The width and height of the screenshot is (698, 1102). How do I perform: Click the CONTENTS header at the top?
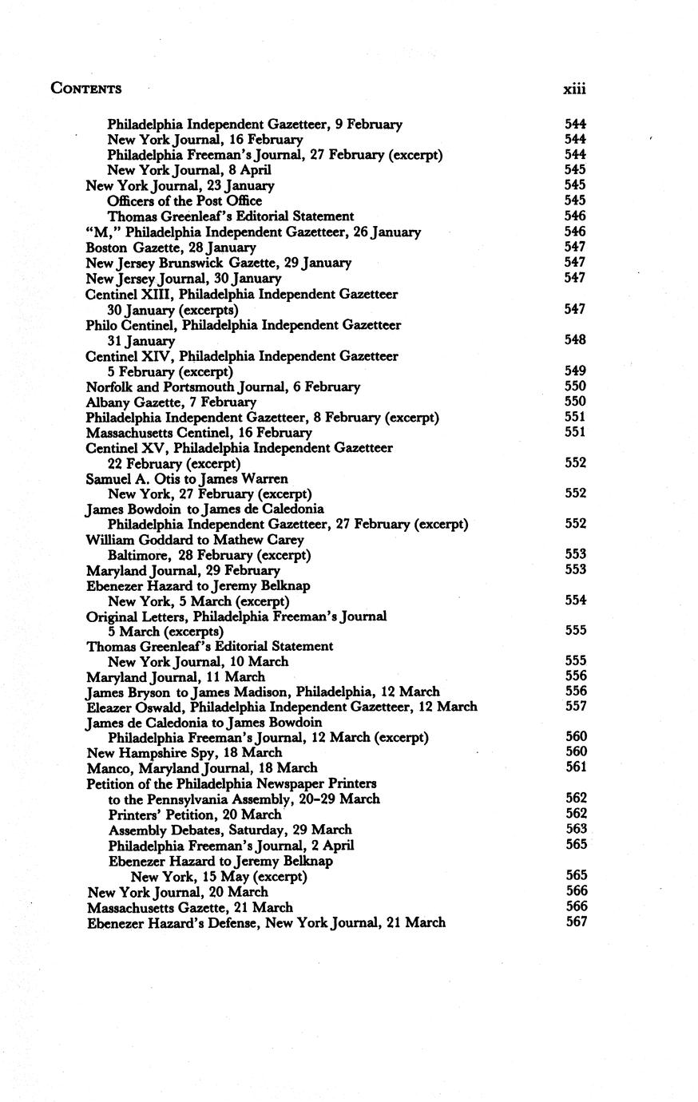coord(86,89)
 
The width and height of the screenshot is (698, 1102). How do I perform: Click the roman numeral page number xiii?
coord(574,89)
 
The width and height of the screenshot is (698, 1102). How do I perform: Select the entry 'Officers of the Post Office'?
coord(184,201)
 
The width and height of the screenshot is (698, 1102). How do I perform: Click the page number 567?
coord(576,922)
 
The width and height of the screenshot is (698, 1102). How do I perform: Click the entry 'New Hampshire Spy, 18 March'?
coord(184,753)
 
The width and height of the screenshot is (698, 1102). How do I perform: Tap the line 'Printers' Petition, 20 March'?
coord(195,815)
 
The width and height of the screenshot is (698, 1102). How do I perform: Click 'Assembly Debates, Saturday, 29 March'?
coord(230,830)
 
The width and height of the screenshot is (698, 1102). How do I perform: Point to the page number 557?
coord(576,707)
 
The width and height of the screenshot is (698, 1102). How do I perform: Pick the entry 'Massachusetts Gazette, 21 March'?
coord(189,907)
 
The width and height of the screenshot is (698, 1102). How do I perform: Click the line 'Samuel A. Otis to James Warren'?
coord(187,478)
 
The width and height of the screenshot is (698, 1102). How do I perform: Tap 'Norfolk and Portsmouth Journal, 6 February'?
coord(223,386)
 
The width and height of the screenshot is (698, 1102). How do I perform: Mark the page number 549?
coord(576,371)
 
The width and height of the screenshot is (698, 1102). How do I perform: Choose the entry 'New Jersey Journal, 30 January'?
coord(183,279)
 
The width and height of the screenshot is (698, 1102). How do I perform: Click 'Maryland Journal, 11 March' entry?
coord(175,676)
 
